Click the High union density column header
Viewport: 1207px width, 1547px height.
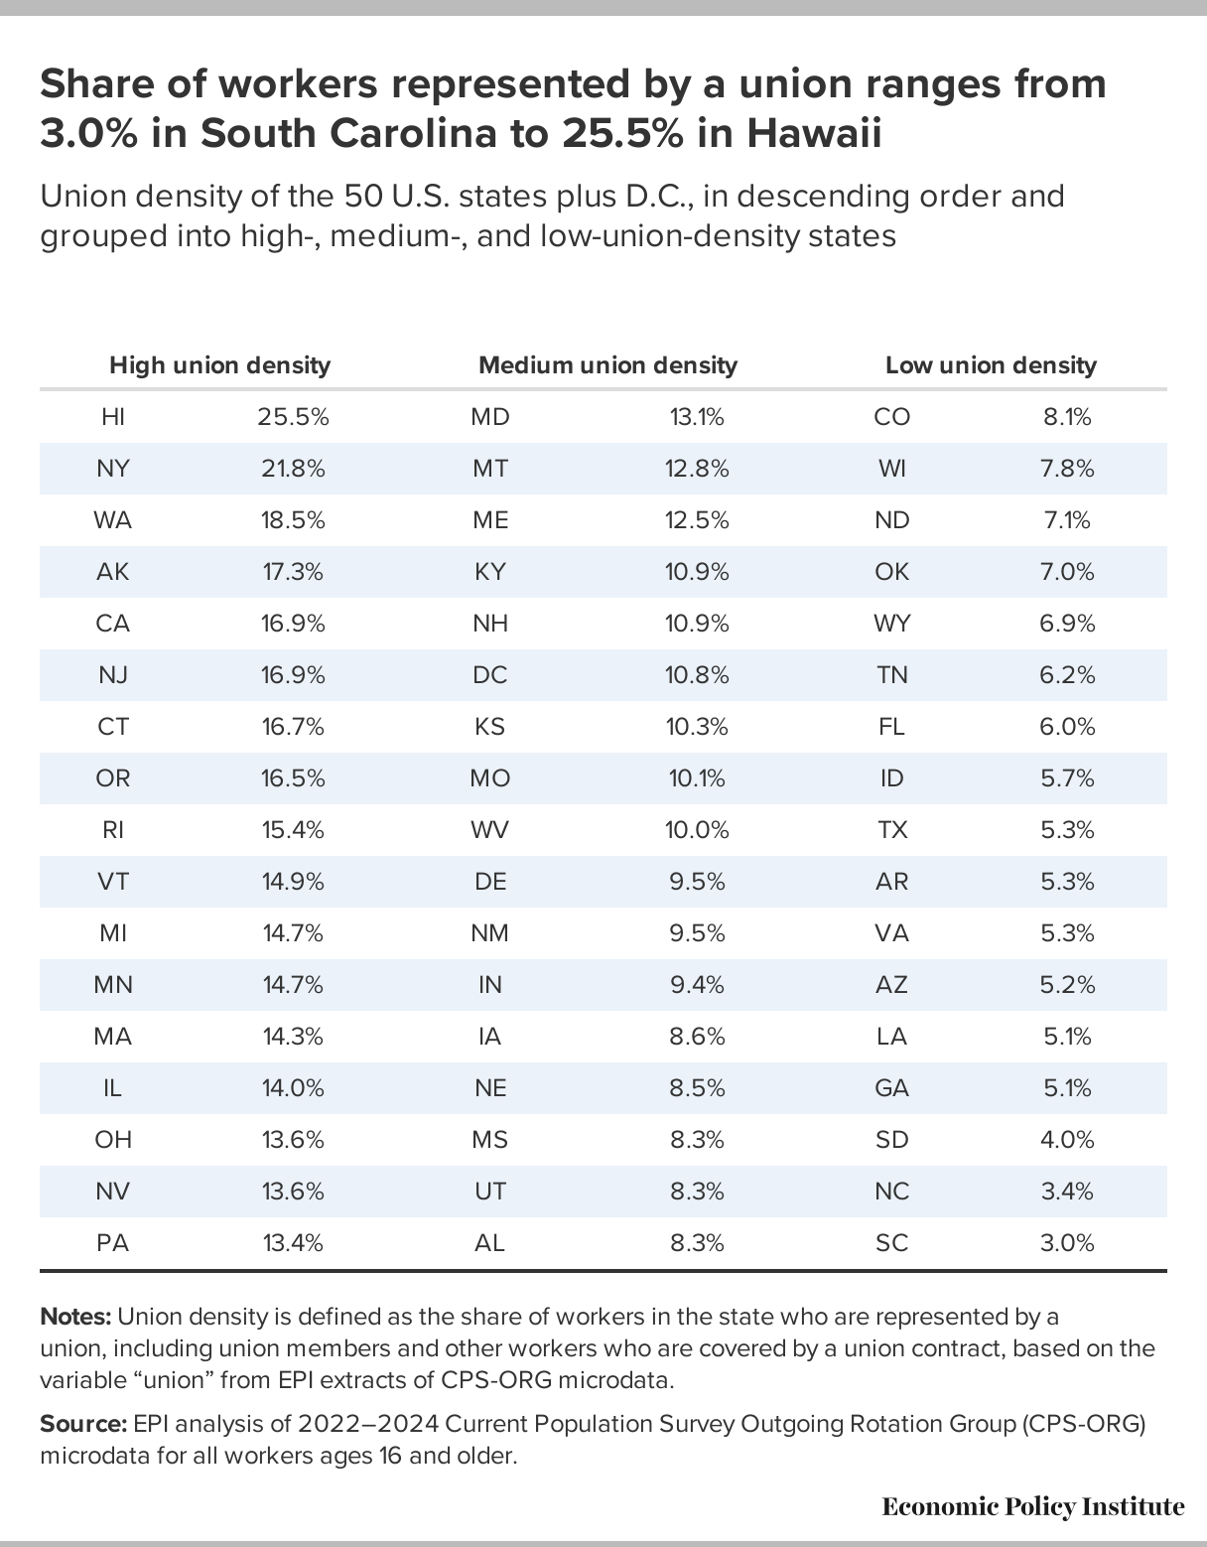click(x=219, y=365)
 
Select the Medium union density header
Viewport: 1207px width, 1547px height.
click(x=607, y=365)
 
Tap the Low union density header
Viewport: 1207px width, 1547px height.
click(x=991, y=365)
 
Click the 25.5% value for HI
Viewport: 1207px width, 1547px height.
click(x=293, y=417)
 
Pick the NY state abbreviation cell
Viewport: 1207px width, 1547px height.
click(x=113, y=469)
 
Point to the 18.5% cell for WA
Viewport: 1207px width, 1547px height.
click(x=293, y=520)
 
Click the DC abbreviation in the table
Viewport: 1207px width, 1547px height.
click(x=490, y=675)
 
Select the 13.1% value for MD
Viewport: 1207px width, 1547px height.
click(x=697, y=417)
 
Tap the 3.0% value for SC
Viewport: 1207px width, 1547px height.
click(x=1067, y=1243)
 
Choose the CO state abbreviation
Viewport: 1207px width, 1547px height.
click(x=891, y=417)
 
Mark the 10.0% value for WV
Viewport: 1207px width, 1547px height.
click(x=697, y=830)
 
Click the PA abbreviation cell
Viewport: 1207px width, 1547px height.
click(x=113, y=1243)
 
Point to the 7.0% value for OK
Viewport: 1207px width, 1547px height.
click(x=1067, y=572)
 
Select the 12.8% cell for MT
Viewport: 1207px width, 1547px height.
click(x=697, y=469)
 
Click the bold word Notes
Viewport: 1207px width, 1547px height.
click(x=75, y=1317)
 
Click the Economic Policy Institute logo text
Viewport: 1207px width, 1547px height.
click(x=1032, y=1506)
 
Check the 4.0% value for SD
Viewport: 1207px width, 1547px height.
click(x=1067, y=1140)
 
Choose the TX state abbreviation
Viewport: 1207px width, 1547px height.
click(x=891, y=830)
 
